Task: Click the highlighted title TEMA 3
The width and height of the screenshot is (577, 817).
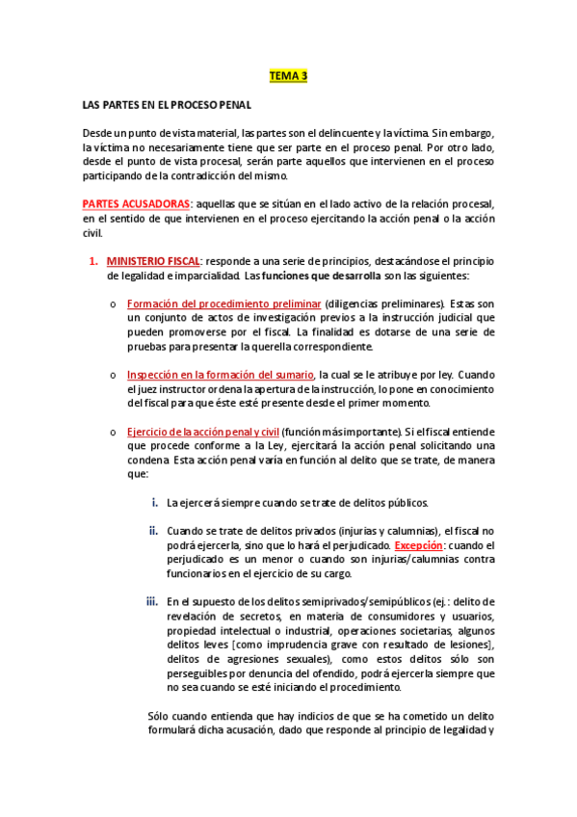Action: tap(288, 76)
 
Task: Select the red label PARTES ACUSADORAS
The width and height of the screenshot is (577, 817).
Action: tap(137, 204)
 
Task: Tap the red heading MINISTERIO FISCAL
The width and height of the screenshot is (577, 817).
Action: tap(153, 262)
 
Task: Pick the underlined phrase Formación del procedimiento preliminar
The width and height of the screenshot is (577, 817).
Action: tap(224, 303)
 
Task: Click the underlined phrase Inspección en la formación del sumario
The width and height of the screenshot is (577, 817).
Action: tap(221, 374)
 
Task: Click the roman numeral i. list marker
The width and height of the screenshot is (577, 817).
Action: tap(155, 502)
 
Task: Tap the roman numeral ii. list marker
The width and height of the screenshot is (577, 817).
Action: tap(153, 530)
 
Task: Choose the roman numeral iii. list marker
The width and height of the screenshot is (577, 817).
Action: tap(152, 602)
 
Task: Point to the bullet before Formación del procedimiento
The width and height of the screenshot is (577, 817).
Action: tap(113, 303)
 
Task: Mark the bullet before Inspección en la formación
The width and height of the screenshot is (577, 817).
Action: tap(113, 374)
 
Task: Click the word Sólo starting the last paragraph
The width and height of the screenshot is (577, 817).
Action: tap(157, 716)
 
